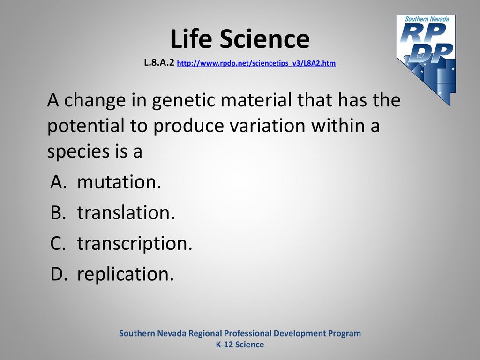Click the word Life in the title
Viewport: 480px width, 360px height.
pos(191,38)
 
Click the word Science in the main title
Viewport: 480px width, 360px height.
pos(264,38)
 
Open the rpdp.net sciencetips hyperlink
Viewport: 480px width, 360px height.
pos(256,63)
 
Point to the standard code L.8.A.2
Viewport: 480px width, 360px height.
pos(159,63)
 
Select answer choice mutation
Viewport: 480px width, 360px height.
pos(119,182)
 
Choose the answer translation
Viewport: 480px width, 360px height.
pos(126,212)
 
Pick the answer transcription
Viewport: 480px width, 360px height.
pos(135,244)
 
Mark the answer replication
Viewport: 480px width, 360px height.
pos(126,274)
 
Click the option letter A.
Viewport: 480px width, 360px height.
pos(58,182)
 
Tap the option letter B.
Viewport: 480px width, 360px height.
pos(58,212)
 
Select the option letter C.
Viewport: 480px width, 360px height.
pos(58,243)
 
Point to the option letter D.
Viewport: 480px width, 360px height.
pos(59,274)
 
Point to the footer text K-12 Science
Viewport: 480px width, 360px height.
pos(240,345)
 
